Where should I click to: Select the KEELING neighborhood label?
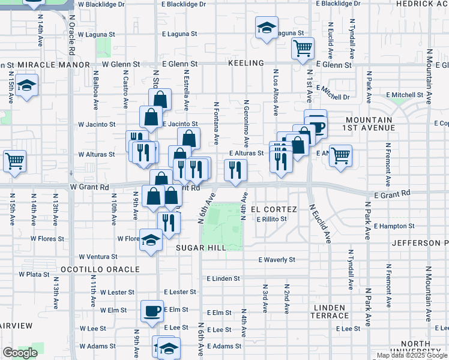point(246,63)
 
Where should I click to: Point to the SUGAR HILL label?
point(201,247)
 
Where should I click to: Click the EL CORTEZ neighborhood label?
point(274,209)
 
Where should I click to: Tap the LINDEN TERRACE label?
point(330,311)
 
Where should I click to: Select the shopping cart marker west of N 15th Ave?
point(14,160)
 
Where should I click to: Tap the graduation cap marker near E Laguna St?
point(266,28)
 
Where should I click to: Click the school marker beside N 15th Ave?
point(26,85)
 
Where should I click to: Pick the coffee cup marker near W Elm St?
point(151,311)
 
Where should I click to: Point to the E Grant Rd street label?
point(392,194)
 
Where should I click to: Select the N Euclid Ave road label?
point(321,224)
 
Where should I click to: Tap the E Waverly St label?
point(277,260)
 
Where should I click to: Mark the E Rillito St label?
point(272,219)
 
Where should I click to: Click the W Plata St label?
point(34,274)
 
